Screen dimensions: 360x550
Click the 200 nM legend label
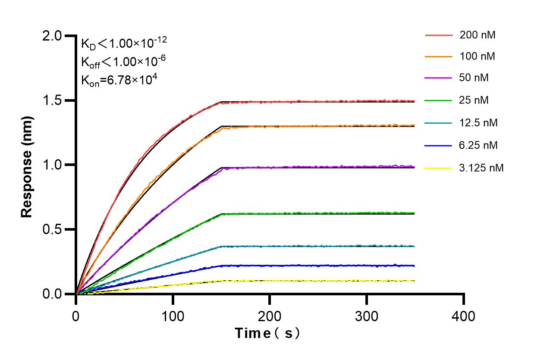tap(478, 35)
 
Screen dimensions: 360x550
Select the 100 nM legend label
tap(478, 56)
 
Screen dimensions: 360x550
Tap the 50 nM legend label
tap(475, 78)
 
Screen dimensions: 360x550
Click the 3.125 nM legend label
tap(481, 168)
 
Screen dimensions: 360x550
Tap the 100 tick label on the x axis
tap(173, 316)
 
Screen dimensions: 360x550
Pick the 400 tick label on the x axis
tap(464, 316)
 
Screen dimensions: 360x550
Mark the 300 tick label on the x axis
tap(366, 316)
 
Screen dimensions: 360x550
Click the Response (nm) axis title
tap(27, 165)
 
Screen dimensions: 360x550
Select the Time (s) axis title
tap(267, 333)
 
